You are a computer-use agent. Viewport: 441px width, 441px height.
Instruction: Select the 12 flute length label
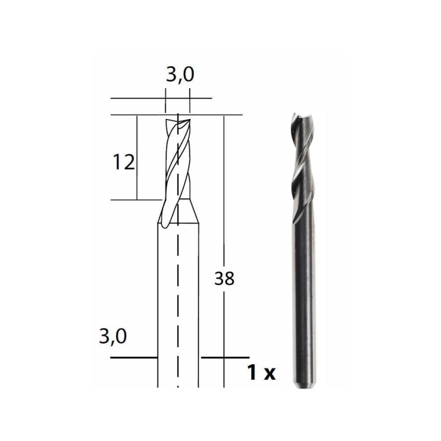(x=123, y=163)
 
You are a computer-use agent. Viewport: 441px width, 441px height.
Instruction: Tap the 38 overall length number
(x=224, y=278)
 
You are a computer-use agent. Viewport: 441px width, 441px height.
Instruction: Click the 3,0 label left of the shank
(x=113, y=336)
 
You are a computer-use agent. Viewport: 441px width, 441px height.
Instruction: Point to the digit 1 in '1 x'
(x=252, y=374)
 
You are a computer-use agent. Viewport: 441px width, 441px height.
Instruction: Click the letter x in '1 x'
(x=270, y=374)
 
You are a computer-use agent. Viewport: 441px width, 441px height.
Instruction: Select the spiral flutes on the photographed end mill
(x=302, y=164)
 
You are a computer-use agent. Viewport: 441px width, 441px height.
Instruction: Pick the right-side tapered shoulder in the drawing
(x=193, y=211)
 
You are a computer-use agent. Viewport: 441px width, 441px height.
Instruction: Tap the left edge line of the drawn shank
(x=157, y=302)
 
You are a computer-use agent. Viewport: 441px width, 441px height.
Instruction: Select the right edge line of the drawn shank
(x=199, y=302)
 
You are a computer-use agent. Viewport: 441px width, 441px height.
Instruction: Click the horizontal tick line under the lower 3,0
(x=134, y=357)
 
